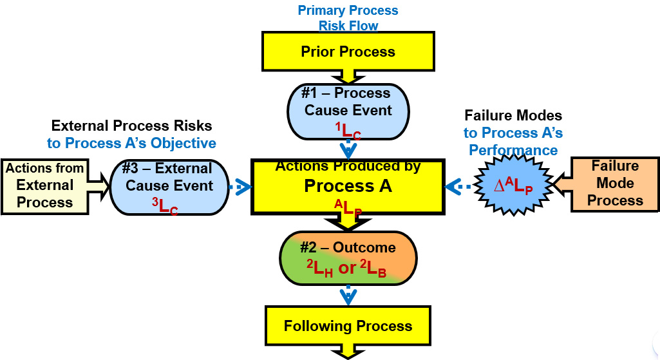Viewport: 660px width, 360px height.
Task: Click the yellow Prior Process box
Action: click(x=348, y=52)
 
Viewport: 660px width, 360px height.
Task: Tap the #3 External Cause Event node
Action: click(x=169, y=187)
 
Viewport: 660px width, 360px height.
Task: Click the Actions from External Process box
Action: click(x=45, y=185)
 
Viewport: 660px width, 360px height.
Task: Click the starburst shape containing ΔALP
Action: click(x=513, y=187)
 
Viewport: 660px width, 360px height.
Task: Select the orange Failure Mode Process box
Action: click(x=614, y=184)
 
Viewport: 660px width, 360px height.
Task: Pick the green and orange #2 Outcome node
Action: click(x=348, y=258)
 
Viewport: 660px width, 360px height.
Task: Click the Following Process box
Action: click(x=348, y=326)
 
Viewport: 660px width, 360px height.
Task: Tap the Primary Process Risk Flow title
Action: click(x=348, y=18)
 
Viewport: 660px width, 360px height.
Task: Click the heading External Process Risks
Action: click(x=131, y=126)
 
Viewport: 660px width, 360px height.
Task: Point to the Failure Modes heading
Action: click(x=513, y=116)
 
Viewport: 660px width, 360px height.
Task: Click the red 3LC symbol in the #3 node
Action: click(x=165, y=206)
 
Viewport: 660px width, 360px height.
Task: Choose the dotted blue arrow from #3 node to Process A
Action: click(x=240, y=187)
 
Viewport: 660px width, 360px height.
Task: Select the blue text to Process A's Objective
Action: click(x=131, y=142)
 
